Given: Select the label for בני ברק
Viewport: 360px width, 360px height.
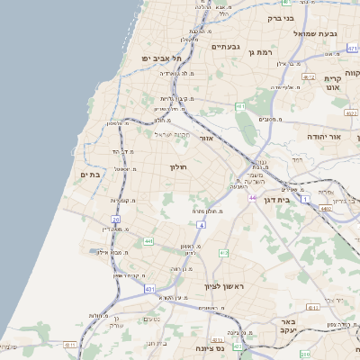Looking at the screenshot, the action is pos(282,17).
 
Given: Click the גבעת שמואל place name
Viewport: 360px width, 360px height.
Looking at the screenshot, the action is pos(318,33).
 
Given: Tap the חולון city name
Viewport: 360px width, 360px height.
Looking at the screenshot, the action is pos(176,166).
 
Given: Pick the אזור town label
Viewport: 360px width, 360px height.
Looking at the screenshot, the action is pos(206,139).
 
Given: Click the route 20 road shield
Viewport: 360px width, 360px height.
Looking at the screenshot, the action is pos(116,219).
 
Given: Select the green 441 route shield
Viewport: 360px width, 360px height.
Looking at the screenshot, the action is pos(148,240).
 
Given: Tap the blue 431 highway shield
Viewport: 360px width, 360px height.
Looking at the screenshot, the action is pos(149,289).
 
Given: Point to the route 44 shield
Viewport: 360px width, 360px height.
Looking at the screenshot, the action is pos(254,196).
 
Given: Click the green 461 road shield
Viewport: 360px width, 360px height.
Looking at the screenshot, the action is pos(240,106).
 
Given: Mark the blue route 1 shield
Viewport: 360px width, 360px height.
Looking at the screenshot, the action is pos(306,197).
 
